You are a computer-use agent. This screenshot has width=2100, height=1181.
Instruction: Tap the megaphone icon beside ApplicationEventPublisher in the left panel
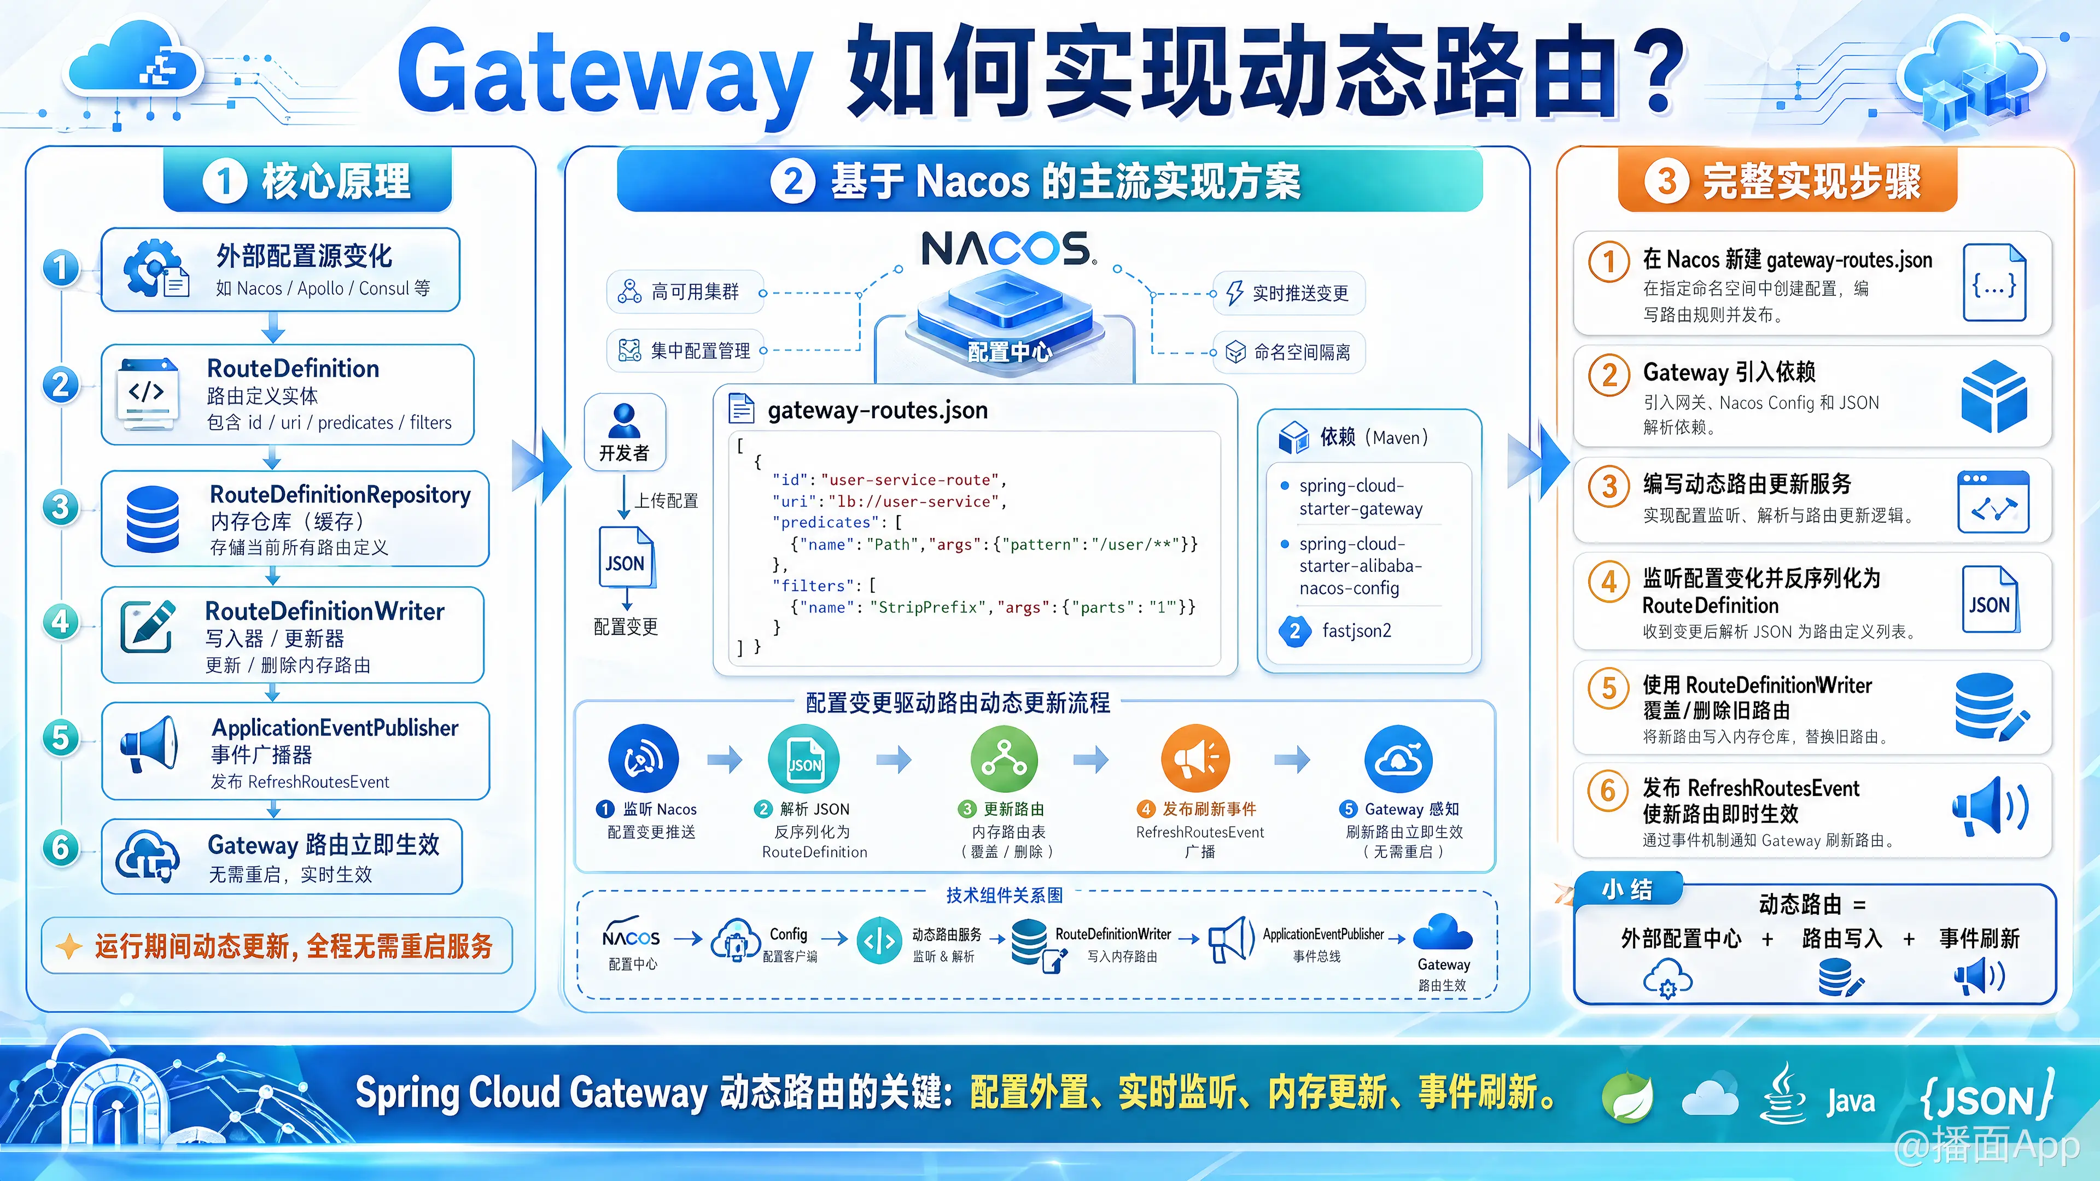pos(149,744)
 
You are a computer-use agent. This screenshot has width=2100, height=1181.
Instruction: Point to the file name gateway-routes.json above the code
pos(877,410)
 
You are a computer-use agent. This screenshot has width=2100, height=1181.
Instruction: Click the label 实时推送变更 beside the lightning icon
pos(1300,294)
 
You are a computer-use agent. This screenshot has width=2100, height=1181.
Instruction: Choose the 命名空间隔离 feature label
pos(1302,352)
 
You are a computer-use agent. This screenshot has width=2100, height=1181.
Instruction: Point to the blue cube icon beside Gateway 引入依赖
pos(1994,396)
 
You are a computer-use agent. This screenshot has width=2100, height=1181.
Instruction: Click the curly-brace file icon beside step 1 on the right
pos(1994,282)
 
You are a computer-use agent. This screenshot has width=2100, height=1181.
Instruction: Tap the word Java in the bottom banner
pos(1851,1102)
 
